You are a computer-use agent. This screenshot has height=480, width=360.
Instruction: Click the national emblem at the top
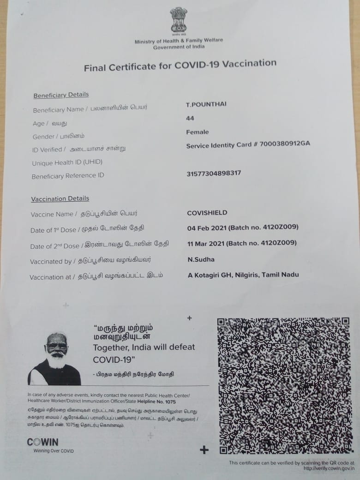click(x=178, y=21)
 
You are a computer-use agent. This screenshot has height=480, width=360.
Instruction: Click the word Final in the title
click(x=96, y=68)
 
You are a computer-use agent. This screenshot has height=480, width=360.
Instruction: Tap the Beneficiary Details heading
click(x=61, y=95)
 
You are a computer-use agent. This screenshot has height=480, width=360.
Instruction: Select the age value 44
click(x=190, y=119)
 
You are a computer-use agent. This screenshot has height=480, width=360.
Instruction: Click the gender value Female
click(x=198, y=132)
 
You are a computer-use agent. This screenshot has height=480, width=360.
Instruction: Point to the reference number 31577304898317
click(x=214, y=174)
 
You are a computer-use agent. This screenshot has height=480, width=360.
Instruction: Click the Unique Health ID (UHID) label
click(x=67, y=162)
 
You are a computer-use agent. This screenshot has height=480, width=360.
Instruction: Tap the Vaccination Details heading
click(x=60, y=199)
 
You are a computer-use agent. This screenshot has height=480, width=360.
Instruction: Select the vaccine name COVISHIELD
click(x=207, y=213)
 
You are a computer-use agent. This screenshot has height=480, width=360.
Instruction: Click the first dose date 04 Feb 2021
click(x=205, y=228)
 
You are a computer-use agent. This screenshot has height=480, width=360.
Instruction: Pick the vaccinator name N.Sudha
click(x=201, y=259)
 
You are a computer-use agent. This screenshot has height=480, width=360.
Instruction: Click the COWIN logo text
click(x=42, y=442)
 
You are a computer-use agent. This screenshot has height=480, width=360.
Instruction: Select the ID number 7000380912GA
click(x=285, y=144)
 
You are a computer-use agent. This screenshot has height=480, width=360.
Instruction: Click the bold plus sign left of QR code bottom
click(x=204, y=450)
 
